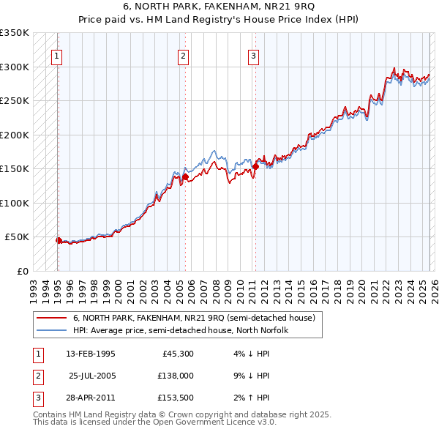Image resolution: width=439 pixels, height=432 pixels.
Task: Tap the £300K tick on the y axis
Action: click(14, 67)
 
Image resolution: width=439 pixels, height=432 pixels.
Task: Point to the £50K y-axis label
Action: click(16, 237)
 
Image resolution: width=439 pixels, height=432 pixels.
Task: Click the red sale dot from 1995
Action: click(59, 240)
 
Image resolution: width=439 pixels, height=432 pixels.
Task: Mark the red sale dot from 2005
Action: click(185, 176)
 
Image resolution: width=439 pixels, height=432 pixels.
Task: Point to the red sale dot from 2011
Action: click(255, 166)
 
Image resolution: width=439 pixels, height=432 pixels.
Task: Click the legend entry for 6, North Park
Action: click(194, 318)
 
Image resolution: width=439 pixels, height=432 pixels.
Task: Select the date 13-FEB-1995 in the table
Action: click(91, 354)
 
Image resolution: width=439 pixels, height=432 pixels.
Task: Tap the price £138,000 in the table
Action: click(176, 376)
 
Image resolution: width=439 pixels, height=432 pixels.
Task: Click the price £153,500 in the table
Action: click(176, 398)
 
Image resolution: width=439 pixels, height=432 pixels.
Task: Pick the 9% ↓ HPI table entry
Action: click(252, 376)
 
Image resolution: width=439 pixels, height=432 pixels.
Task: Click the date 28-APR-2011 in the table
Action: click(91, 398)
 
